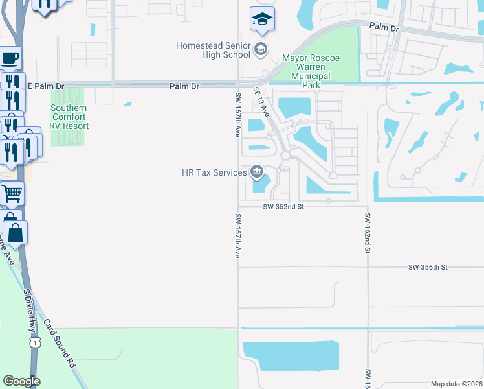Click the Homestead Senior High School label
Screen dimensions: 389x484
213,50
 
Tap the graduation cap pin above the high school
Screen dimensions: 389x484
262,20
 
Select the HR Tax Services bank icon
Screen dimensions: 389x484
257,172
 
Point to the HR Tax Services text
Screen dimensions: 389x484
214,172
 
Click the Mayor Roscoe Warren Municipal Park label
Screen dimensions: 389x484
307,67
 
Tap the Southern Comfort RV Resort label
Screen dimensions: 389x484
69,117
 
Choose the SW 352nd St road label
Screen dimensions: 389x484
283,207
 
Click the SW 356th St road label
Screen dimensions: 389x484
428,267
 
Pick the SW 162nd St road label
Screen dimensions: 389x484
367,232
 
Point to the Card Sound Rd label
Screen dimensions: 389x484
60,342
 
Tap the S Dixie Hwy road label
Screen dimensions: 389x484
28,311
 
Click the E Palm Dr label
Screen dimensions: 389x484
46,86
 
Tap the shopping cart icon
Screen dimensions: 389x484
12,193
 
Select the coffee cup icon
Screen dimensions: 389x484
10,58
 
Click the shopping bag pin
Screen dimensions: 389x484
16,231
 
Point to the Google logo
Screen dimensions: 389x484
21,381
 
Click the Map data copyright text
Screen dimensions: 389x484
457,384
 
